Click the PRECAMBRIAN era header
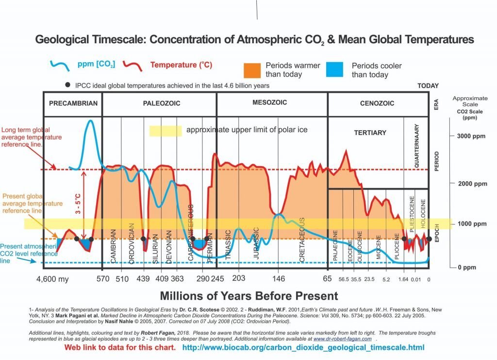coord(73,103)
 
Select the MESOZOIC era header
coord(270,103)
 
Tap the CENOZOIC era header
coord(377,103)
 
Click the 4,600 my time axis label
coord(53,279)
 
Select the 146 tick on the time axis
coord(279,279)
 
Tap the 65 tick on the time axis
coord(328,279)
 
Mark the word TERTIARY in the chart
coord(370,133)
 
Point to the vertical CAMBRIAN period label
coord(114,246)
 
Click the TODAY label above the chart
coord(428,86)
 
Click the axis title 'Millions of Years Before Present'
coord(248,296)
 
